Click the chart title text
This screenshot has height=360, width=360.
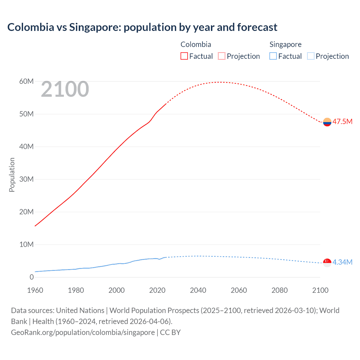pyautogui.click(x=142, y=27)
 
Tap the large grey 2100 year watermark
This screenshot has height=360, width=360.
pyautogui.click(x=65, y=89)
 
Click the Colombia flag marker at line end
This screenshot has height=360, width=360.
pyautogui.click(x=327, y=122)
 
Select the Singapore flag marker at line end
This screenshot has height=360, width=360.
pyautogui.click(x=327, y=262)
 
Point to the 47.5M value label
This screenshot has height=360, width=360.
pyautogui.click(x=342, y=121)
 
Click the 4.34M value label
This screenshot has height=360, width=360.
pyautogui.click(x=342, y=262)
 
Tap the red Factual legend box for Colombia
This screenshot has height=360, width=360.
pyautogui.click(x=184, y=56)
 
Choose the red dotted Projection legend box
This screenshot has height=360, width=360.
pyautogui.click(x=222, y=56)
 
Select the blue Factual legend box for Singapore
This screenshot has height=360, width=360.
pyautogui.click(x=273, y=56)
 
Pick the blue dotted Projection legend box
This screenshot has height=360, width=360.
pyautogui.click(x=310, y=56)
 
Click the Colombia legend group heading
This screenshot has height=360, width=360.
pyautogui.click(x=196, y=44)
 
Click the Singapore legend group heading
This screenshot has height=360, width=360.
pyautogui.click(x=285, y=44)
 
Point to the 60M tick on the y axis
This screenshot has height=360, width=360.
pyautogui.click(x=26, y=82)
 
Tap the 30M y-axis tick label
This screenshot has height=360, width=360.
pyautogui.click(x=26, y=179)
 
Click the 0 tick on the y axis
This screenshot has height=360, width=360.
pyautogui.click(x=31, y=277)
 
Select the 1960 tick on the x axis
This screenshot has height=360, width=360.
pyautogui.click(x=35, y=290)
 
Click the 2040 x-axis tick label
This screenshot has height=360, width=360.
pyautogui.click(x=198, y=290)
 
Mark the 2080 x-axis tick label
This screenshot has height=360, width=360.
pyautogui.click(x=280, y=290)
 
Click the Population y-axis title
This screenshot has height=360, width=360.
pyautogui.click(x=12, y=175)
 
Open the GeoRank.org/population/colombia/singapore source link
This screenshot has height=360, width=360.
pyautogui.click(x=83, y=332)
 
